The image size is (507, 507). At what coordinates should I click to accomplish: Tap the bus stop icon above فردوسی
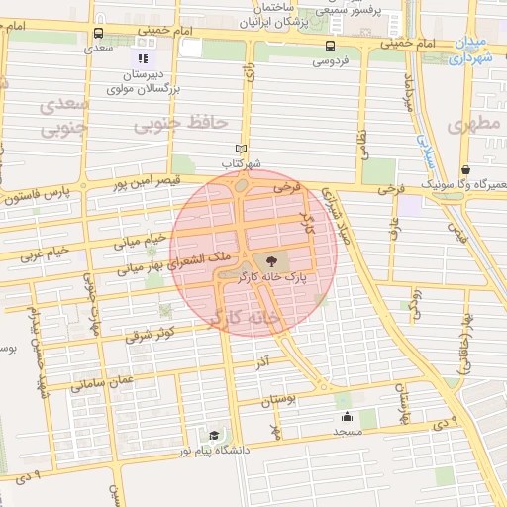click(330, 46)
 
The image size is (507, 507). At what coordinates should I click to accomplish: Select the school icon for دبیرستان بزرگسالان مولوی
click(142, 58)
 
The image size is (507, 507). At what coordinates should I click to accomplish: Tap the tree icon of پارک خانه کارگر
click(272, 259)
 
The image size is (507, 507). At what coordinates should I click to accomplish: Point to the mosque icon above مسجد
click(348, 417)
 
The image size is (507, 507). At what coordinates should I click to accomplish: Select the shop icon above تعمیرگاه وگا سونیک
click(465, 169)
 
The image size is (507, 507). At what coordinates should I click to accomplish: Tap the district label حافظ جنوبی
click(181, 123)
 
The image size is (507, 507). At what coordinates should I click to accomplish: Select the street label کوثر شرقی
click(152, 334)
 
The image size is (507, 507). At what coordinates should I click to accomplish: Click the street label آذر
click(262, 363)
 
